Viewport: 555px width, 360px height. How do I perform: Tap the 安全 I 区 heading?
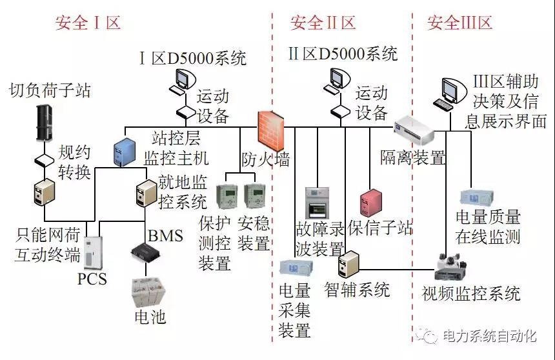(x=88, y=23)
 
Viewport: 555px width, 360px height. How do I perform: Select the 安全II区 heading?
(x=323, y=23)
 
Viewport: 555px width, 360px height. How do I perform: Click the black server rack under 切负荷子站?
(x=44, y=123)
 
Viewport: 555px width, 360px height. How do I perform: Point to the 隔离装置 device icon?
(x=412, y=128)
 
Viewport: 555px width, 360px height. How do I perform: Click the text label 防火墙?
(x=266, y=159)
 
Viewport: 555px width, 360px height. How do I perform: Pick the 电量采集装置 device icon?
(x=296, y=266)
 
